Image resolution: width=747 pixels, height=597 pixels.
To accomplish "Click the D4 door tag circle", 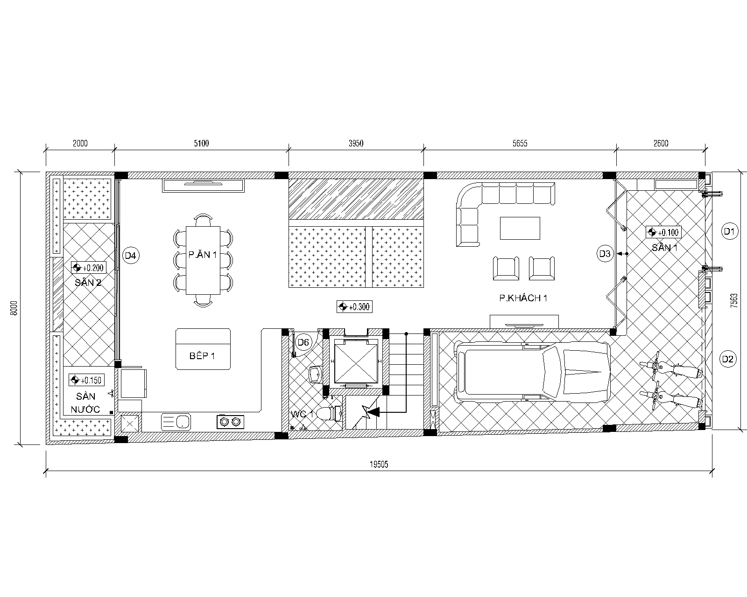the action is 131,256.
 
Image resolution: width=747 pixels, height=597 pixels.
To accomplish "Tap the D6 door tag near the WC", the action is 303,343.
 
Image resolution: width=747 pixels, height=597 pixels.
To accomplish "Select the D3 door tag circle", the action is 605,254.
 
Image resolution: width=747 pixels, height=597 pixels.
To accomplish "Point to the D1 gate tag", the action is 729,231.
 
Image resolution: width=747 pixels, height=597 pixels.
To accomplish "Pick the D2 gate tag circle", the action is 727,359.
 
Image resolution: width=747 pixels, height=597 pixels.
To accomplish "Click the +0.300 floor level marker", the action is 354,306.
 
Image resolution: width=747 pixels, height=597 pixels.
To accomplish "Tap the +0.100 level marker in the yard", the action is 663,232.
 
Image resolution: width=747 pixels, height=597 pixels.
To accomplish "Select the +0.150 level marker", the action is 86,380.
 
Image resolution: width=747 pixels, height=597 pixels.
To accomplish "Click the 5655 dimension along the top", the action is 520,143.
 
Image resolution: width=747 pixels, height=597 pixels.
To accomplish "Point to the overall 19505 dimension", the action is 379,465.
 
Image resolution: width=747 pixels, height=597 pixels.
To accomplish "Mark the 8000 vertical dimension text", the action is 14,308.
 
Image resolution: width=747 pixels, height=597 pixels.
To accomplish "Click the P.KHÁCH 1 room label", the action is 523,298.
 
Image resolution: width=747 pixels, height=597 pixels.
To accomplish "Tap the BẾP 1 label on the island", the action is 202,355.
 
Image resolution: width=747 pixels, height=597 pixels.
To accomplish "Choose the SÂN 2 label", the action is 88,282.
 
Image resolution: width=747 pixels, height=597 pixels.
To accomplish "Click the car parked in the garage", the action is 533,372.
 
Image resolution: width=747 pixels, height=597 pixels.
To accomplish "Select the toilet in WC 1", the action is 329,414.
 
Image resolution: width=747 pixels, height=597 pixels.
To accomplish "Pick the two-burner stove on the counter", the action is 230,422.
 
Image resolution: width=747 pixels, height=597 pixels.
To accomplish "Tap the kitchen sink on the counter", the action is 176,422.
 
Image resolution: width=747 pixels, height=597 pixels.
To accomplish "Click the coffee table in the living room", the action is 520,228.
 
